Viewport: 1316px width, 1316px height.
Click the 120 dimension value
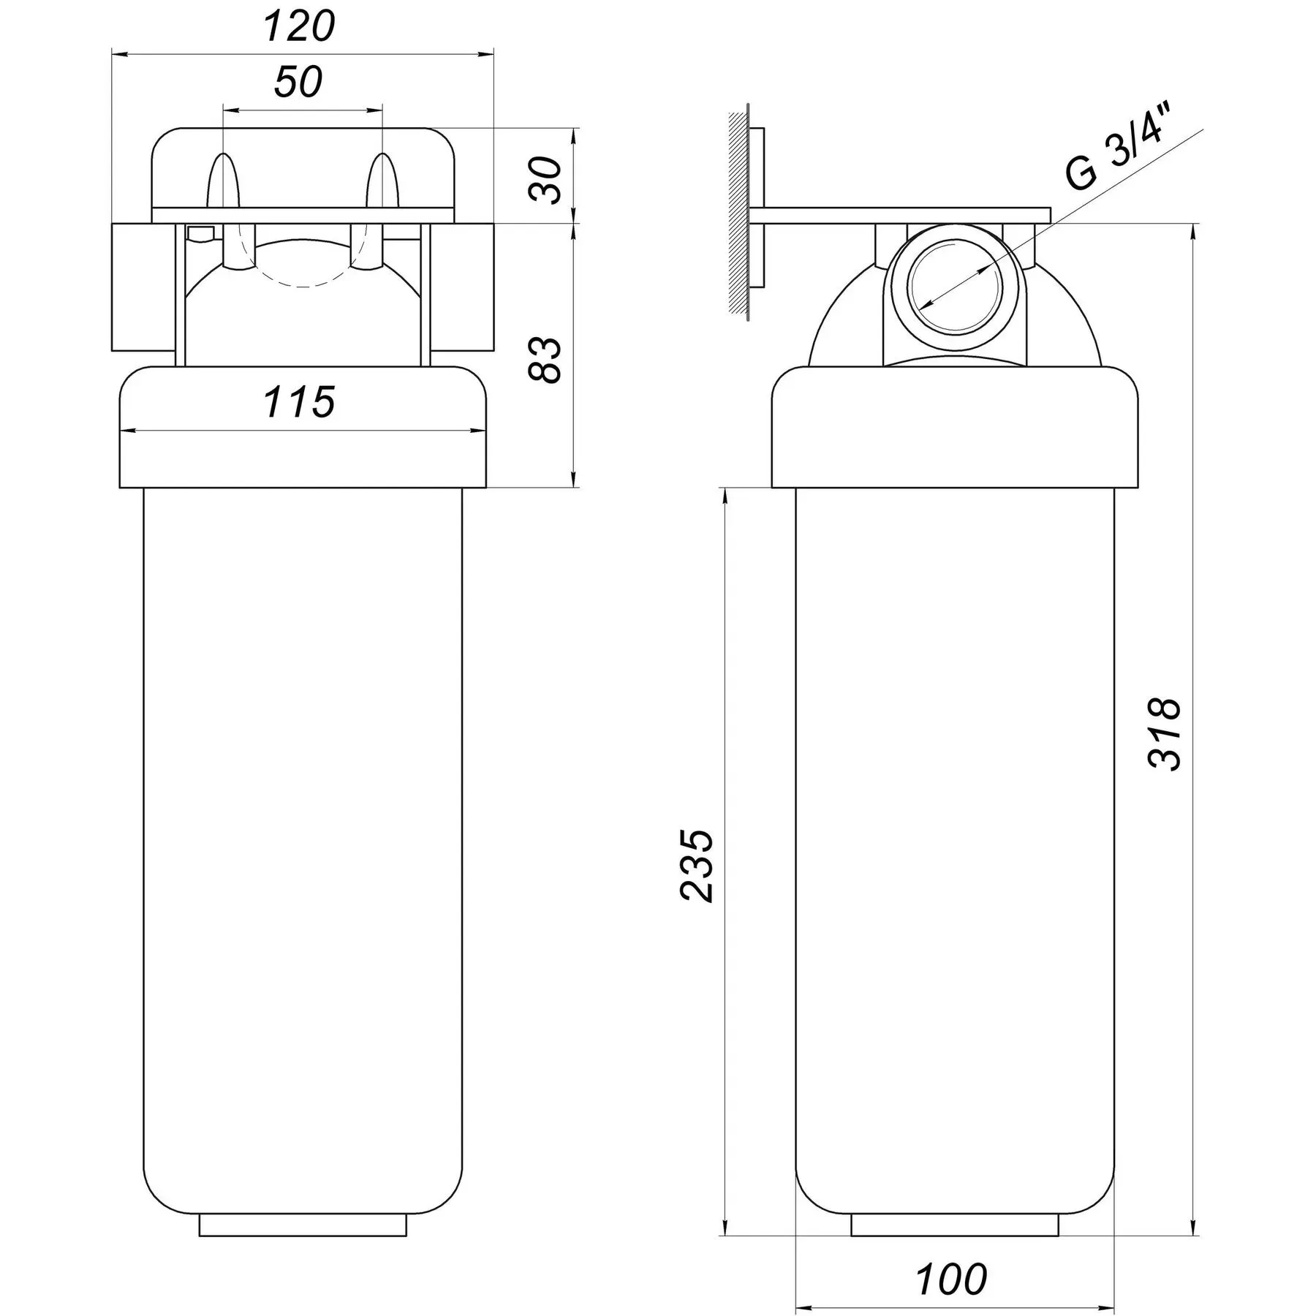[298, 27]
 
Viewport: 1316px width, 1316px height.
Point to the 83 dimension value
[545, 359]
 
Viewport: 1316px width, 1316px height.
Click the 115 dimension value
[299, 401]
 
